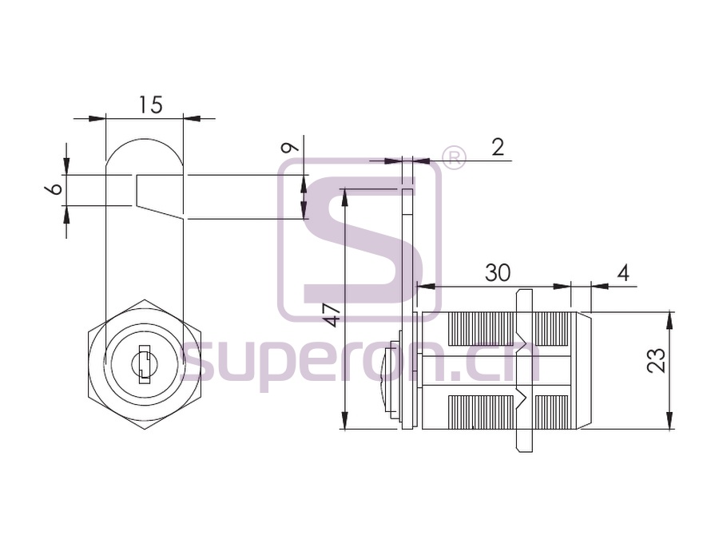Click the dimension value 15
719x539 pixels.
[x=151, y=105]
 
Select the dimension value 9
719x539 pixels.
[x=290, y=147]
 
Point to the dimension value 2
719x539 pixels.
[x=497, y=147]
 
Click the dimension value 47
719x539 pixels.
[x=334, y=315]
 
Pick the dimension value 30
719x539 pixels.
[x=498, y=273]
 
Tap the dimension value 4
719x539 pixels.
[x=622, y=273]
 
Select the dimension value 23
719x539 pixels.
[x=656, y=360]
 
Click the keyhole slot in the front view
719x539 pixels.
[x=144, y=364]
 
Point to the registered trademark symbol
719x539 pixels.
[x=453, y=157]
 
